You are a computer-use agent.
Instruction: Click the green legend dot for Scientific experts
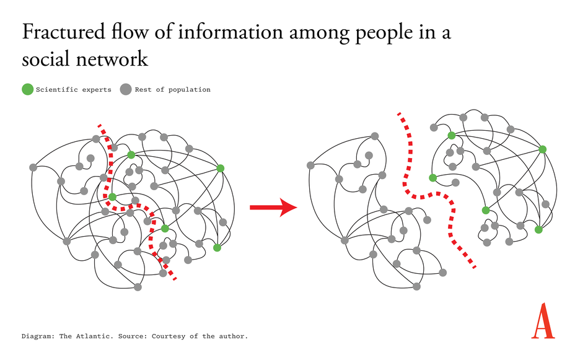[27, 89]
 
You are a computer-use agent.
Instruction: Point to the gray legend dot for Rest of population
[126, 89]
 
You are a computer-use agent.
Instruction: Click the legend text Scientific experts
[73, 90]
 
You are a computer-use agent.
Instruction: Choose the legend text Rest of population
[172, 90]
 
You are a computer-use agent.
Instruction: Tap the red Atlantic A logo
[543, 321]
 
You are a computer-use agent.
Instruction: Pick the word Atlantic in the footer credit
[90, 336]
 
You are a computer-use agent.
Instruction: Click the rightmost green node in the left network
[220, 168]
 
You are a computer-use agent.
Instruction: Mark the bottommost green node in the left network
[217, 248]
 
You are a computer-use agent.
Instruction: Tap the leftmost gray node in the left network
[33, 167]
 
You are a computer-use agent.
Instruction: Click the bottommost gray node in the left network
[138, 287]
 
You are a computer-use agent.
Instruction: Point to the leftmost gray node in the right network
[310, 165]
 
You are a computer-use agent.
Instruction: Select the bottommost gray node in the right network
[416, 286]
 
